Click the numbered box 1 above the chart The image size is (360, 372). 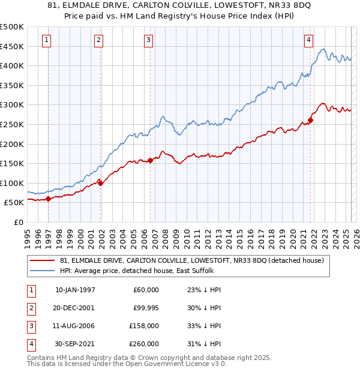click(x=47, y=40)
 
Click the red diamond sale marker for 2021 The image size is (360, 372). click(x=310, y=121)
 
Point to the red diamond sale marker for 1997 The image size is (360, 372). click(x=48, y=199)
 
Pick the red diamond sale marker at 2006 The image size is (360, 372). click(x=150, y=160)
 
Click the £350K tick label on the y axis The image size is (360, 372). click(x=12, y=86)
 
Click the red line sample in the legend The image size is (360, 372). click(x=43, y=260)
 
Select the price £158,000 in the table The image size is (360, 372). click(x=145, y=326)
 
